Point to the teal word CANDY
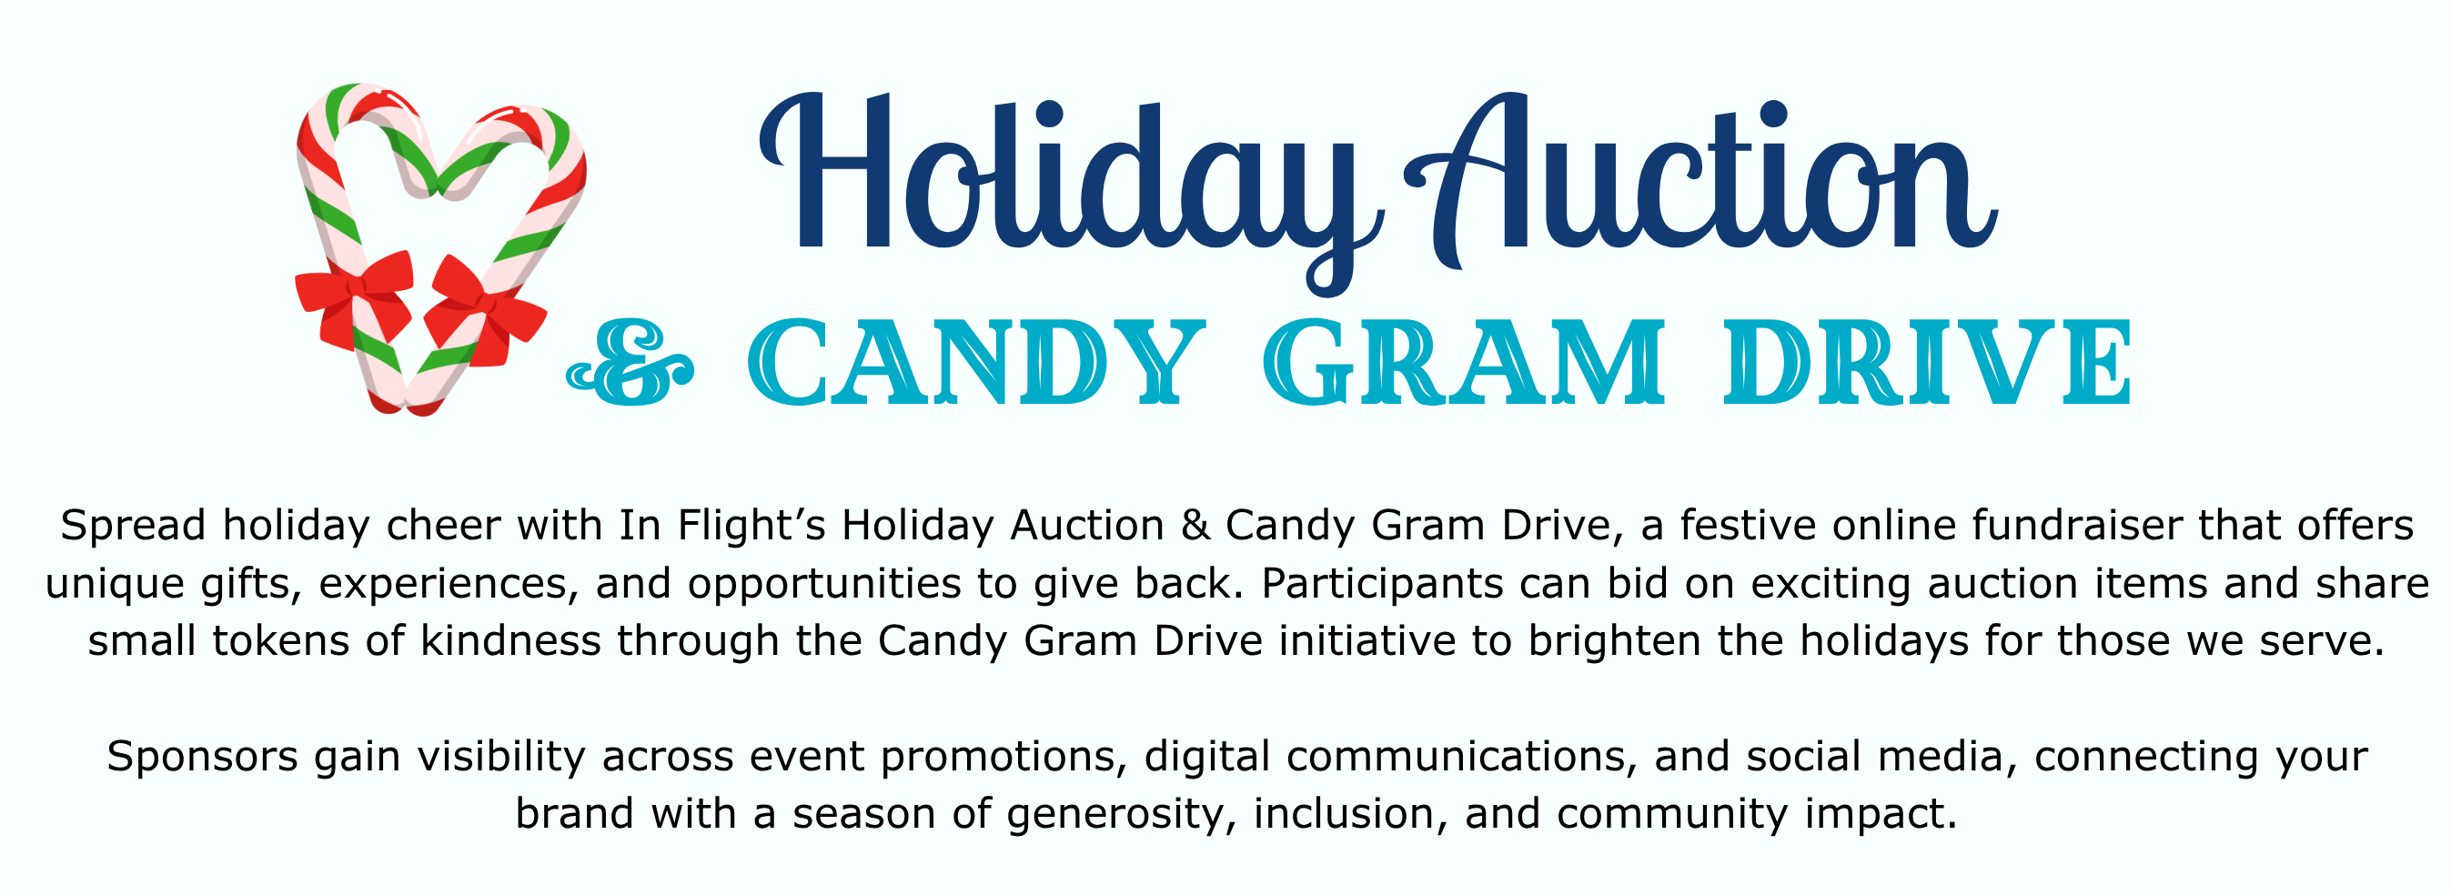pyautogui.click(x=975, y=363)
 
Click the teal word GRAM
pyautogui.click(x=1464, y=363)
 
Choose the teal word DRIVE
pyautogui.click(x=1928, y=363)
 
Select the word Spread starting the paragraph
pyautogui.click(x=133, y=526)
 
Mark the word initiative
pyautogui.click(x=1367, y=642)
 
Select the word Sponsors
pyautogui.click(x=203, y=757)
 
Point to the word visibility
pyautogui.click(x=500, y=757)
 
